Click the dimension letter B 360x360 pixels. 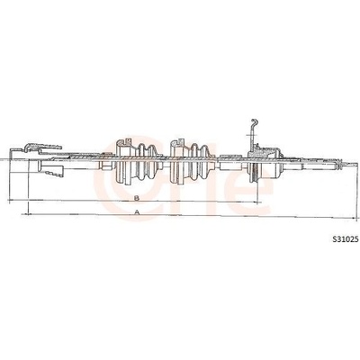pyautogui.click(x=137, y=198)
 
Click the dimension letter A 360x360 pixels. pyautogui.click(x=137, y=212)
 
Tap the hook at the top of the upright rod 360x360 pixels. pyautogui.click(x=255, y=121)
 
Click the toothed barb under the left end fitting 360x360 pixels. pyautogui.click(x=54, y=174)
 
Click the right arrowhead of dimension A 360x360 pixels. pyautogui.click(x=355, y=217)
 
